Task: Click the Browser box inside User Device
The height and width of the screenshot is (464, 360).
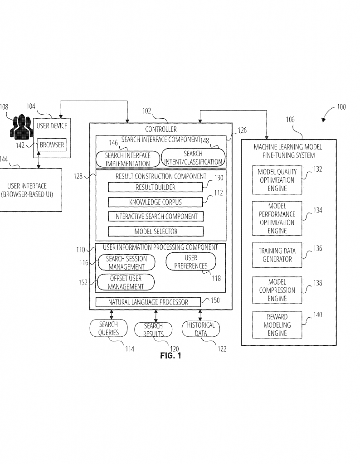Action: (52, 145)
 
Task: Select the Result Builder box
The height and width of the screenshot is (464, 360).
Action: (156, 187)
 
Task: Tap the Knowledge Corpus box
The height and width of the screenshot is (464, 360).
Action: (156, 202)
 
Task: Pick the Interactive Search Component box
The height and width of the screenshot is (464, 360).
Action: (156, 216)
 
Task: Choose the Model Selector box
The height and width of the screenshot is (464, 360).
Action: (156, 232)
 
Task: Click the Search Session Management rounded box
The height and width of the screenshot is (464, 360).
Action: (126, 262)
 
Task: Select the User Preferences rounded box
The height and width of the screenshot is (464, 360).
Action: (191, 261)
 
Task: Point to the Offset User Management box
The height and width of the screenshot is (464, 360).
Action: (126, 282)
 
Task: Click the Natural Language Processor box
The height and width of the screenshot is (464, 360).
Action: (148, 302)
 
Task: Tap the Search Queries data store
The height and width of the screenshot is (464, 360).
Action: (108, 328)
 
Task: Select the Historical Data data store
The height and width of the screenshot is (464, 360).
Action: (201, 329)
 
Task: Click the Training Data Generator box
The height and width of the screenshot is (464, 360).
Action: (277, 255)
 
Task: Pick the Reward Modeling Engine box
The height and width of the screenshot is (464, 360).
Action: (277, 325)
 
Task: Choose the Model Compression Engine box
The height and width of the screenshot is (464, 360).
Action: (277, 290)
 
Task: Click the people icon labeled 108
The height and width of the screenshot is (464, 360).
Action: (20, 127)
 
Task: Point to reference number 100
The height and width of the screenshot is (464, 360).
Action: (341, 107)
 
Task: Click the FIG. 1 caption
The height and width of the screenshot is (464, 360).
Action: (170, 355)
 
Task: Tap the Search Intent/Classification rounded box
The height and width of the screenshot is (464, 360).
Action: (193, 157)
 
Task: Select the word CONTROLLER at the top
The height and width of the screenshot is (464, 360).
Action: (161, 129)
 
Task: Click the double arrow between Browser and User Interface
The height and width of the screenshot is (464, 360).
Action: (39, 160)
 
